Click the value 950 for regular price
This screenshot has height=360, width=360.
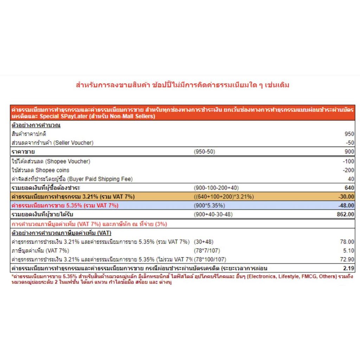(349, 134)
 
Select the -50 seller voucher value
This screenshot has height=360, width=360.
(350, 142)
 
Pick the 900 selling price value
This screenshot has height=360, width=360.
(349, 152)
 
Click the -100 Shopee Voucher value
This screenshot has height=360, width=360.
(349, 161)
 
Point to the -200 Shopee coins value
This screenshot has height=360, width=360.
(349, 170)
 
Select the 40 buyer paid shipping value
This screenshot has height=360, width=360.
(351, 179)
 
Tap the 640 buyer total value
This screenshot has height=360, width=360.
(349, 188)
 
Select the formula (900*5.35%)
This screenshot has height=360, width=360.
(210, 205)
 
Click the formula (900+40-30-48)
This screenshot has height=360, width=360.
(213, 214)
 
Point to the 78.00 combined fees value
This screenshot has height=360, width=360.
(347, 242)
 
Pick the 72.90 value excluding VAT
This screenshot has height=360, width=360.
(347, 259)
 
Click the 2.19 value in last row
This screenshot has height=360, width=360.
(348, 269)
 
